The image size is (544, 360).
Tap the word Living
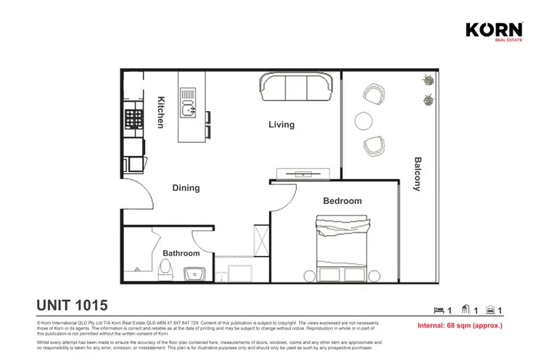pyautogui.click(x=281, y=125)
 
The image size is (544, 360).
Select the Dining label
pyautogui.click(x=186, y=188)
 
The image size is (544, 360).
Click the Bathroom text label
pyautogui.click(x=181, y=253)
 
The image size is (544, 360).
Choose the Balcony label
pyautogui.click(x=417, y=173)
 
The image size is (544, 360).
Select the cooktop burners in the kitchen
pyautogui.click(x=134, y=119)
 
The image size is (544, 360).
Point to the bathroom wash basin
pyautogui.click(x=194, y=274)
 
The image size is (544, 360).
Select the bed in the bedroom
pyautogui.click(x=342, y=250)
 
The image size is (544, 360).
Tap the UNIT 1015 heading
pyautogui.click(x=72, y=305)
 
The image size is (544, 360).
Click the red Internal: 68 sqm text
pyautogui.click(x=461, y=326)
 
